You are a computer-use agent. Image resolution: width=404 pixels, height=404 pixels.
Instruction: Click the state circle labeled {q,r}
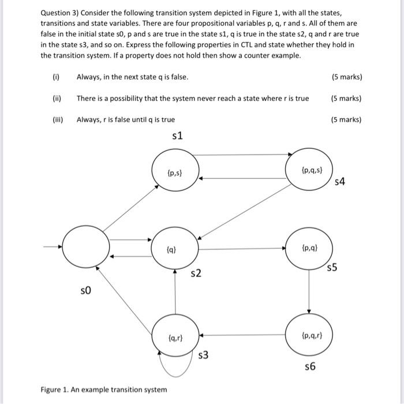click(175, 335)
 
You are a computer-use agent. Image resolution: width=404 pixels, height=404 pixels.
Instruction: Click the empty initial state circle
click(85, 246)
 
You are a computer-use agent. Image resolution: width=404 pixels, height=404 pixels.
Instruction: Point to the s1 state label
click(177, 136)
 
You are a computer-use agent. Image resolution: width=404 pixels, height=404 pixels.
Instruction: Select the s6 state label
click(310, 367)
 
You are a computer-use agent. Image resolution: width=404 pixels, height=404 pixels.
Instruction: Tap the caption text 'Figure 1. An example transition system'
click(104, 390)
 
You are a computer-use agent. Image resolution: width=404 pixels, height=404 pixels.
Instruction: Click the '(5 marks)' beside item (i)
click(347, 77)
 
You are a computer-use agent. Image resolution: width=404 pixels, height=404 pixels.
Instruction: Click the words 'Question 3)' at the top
click(60, 13)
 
